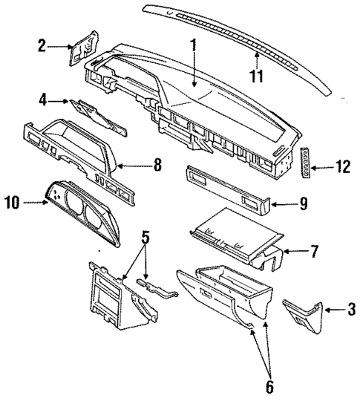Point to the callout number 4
(43, 98)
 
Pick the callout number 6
(270, 386)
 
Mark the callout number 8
(157, 165)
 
